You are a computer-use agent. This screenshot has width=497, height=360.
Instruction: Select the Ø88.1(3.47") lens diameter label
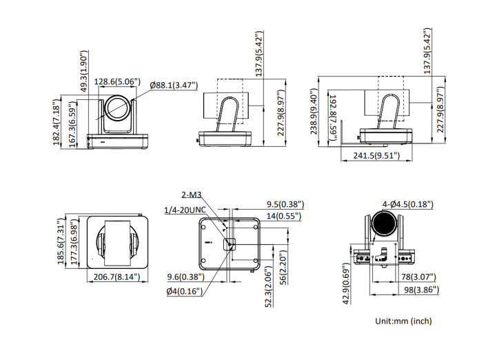174,85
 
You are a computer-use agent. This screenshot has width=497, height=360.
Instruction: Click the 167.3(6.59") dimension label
72,123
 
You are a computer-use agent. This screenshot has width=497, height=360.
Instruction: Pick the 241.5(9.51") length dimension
376,156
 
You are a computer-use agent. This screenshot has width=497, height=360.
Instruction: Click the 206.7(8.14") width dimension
116,277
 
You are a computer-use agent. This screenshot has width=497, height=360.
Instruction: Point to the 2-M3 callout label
192,195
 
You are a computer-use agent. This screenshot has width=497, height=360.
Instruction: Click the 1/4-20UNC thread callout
185,210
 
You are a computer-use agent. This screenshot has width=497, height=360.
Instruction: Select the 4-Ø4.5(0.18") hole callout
407,204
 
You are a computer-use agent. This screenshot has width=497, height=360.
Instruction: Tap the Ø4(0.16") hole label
183,291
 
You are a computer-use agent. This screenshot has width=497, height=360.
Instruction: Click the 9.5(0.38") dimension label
285,204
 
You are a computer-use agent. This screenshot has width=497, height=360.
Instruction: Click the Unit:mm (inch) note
403,321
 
